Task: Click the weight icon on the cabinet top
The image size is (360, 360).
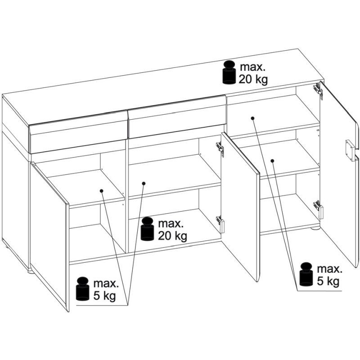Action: [x=229, y=72]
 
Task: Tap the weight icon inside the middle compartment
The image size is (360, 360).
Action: [x=148, y=229]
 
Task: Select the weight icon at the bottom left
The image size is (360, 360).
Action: [x=83, y=289]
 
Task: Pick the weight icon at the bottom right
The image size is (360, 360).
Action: [x=306, y=274]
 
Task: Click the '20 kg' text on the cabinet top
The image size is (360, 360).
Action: [x=253, y=80]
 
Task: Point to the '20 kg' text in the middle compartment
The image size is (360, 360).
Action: [x=172, y=236]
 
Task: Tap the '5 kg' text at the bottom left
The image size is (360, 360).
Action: [x=104, y=296]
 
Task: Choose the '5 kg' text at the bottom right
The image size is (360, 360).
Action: [x=328, y=281]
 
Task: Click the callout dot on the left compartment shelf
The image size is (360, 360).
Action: [x=102, y=191]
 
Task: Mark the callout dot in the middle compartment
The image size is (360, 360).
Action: [x=144, y=183]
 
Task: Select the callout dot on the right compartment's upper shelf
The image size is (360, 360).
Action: [x=252, y=118]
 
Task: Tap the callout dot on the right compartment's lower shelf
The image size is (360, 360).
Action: [x=273, y=161]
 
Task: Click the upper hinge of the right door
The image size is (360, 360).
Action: [x=318, y=90]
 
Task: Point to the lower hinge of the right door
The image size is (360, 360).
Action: [x=319, y=209]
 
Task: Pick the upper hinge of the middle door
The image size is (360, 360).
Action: [x=220, y=149]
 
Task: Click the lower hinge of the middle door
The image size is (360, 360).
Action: [x=220, y=224]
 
